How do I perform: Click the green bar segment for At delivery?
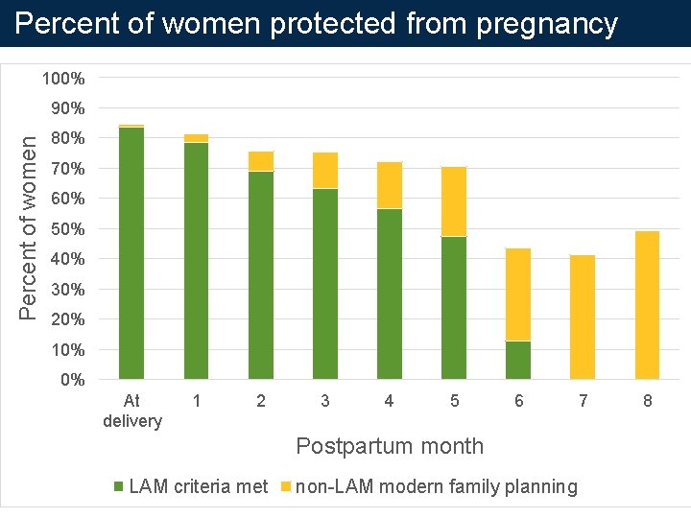(x=131, y=253)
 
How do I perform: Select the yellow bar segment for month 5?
(x=454, y=201)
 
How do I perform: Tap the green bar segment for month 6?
(x=518, y=360)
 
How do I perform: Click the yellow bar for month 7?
(x=583, y=317)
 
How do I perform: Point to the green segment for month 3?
(x=325, y=284)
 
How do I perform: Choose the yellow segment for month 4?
(x=390, y=185)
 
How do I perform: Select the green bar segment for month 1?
(x=196, y=261)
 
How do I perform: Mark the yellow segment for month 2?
(x=261, y=161)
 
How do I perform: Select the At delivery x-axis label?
(x=132, y=412)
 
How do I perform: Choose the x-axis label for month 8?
(x=647, y=402)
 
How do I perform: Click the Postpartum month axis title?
(x=390, y=446)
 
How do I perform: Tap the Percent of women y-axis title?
(x=30, y=227)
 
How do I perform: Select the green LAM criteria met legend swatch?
(x=119, y=487)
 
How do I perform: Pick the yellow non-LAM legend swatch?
(x=285, y=487)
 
